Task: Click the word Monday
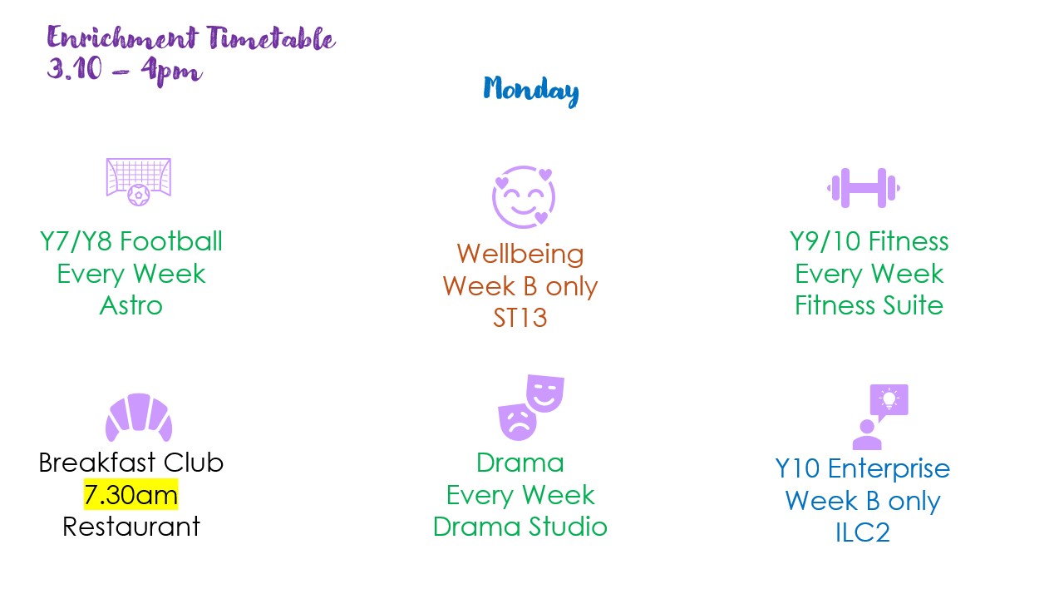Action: [x=531, y=90]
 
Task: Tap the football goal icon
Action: [x=138, y=181]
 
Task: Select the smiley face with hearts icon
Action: [x=524, y=196]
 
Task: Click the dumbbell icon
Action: [x=863, y=188]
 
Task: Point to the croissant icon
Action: [x=138, y=417]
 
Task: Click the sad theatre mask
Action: [x=517, y=421]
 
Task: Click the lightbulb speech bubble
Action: [x=889, y=400]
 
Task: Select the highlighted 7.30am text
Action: [x=131, y=494]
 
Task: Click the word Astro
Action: [x=131, y=305]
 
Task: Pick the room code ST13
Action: [x=520, y=318]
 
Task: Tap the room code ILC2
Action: [x=863, y=532]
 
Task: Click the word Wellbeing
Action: [x=520, y=255]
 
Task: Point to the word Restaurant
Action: [x=131, y=527]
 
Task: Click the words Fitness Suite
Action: [x=869, y=305]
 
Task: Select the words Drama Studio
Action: [x=520, y=527]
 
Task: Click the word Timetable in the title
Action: [x=271, y=38]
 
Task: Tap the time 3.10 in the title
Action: [x=74, y=68]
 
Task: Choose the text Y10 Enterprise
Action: [x=863, y=468]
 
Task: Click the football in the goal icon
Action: [x=138, y=196]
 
